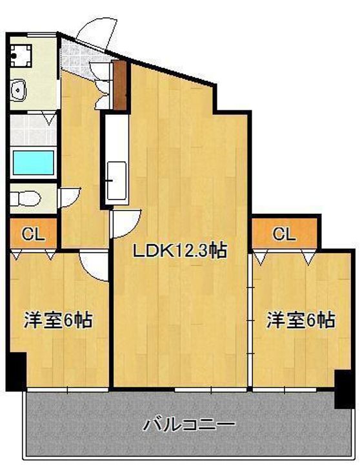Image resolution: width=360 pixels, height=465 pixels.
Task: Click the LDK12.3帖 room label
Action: pos(179,251)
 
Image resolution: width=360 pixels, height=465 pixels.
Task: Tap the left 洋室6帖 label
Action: pos(58,320)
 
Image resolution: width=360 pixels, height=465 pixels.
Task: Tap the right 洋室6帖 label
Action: pos(301,320)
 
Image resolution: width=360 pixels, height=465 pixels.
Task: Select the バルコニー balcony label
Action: pos(189,424)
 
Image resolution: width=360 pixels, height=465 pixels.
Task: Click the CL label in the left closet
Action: pos(33,234)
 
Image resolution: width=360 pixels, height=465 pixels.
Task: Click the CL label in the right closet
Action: pos(284,234)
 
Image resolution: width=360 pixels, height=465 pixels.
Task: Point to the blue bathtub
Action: pos(34,163)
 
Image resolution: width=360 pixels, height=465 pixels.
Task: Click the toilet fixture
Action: pos(25,198)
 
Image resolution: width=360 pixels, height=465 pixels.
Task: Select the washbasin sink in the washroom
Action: pos(19,90)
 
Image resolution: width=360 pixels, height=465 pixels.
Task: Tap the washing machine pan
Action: pos(21,56)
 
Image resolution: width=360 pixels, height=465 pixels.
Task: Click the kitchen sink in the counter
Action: pos(117,180)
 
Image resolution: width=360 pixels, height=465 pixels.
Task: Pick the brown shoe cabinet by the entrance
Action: pos(120,85)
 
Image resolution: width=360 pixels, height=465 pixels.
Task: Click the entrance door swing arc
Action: pos(96,33)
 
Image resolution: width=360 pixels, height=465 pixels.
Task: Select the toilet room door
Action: pos(70,197)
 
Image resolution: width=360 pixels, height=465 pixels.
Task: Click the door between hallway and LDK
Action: pos(125,223)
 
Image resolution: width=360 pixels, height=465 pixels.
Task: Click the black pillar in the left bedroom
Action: pos(16,371)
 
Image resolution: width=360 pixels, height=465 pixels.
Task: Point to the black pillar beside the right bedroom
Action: pos(345,389)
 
